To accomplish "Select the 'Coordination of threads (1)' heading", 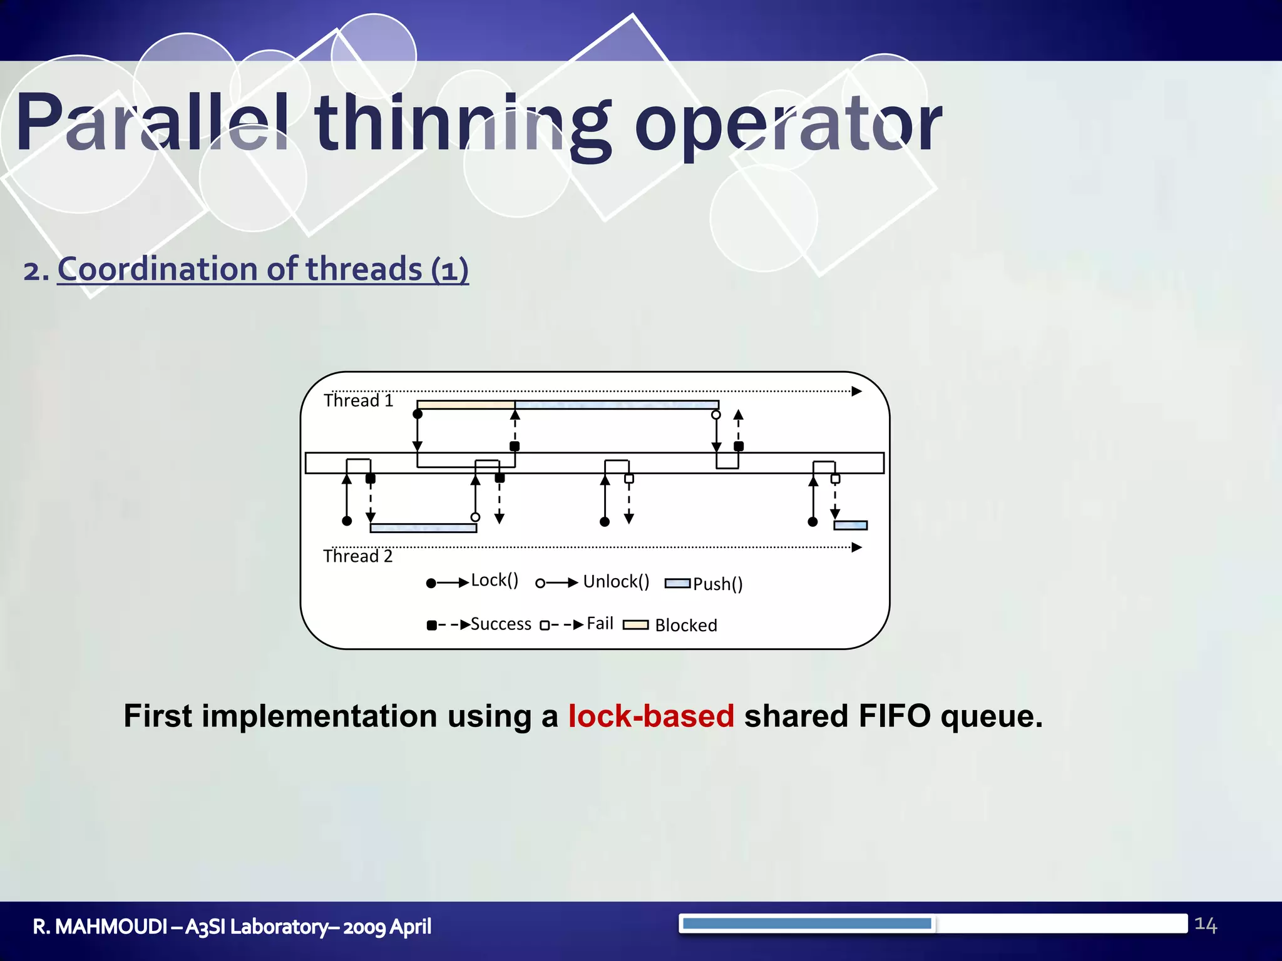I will click(263, 269).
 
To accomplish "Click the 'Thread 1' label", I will click(359, 400).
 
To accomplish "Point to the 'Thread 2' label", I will click(357, 556).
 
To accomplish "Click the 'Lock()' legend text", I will click(495, 581).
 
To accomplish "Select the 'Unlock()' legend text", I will click(616, 582).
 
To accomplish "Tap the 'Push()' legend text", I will click(717, 584).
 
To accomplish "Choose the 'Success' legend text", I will click(501, 624).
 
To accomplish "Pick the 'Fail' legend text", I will click(600, 624).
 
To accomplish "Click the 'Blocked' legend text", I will click(686, 626).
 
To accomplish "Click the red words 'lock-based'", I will click(651, 716).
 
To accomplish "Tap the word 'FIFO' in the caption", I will click(895, 716).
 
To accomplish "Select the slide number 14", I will click(1205, 925).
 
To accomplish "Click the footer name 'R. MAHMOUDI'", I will click(100, 927).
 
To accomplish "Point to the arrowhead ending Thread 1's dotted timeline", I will click(857, 392).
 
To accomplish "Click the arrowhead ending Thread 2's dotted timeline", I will click(857, 547).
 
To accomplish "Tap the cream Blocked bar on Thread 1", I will click(465, 405).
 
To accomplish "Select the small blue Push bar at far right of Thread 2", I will click(850, 526).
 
